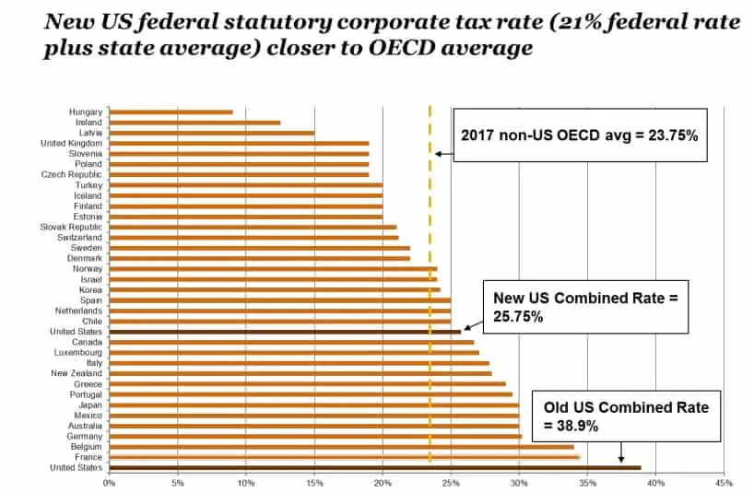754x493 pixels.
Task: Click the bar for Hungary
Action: tap(171, 112)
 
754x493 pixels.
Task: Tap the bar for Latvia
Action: tap(211, 133)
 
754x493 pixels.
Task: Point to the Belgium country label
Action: tap(85, 447)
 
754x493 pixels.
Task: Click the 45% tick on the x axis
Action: tap(722, 482)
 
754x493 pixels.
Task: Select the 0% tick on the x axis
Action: tap(109, 482)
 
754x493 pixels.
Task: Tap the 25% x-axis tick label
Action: tap(450, 482)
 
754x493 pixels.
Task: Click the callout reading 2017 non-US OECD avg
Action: tap(580, 135)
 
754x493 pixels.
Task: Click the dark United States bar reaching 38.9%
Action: tap(374, 468)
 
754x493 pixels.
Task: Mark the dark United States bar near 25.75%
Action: tap(285, 332)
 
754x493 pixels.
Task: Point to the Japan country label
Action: tap(89, 405)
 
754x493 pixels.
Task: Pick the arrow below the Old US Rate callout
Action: tap(621, 451)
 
